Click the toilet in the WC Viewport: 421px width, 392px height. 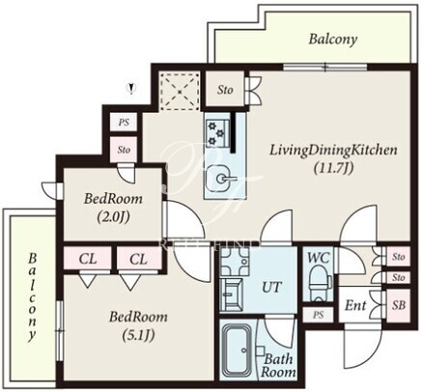[320, 282]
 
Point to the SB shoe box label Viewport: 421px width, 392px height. [399, 305]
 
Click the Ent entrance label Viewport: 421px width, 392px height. [355, 305]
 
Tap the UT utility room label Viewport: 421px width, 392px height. [272, 287]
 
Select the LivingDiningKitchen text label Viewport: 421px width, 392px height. [333, 150]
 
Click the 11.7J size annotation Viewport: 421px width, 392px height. [334, 168]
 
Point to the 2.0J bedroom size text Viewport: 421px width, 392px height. [113, 217]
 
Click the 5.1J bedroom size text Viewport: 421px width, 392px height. [138, 336]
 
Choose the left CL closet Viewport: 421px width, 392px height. [88, 259]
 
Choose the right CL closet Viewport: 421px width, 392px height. [139, 259]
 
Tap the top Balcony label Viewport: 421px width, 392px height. [333, 40]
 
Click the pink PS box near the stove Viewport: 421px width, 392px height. [124, 123]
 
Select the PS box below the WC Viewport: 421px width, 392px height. [318, 315]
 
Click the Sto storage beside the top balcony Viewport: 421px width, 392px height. [225, 90]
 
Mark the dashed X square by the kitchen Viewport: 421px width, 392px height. [180, 92]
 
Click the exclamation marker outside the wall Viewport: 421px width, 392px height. [131, 88]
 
